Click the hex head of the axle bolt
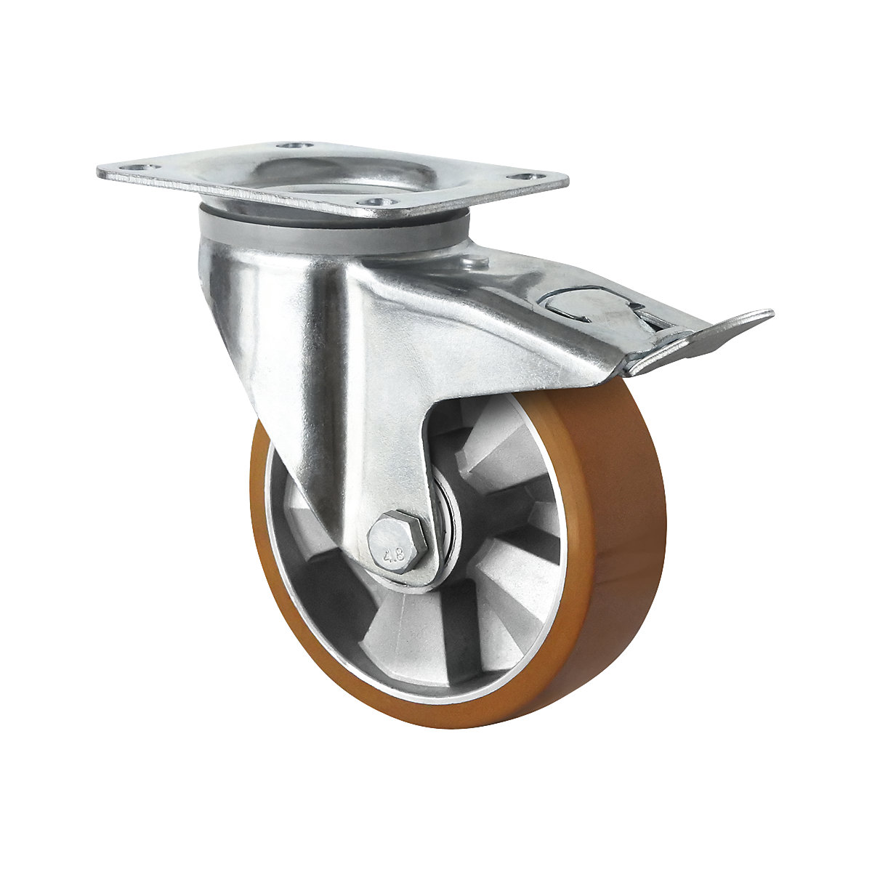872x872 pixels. pos(397,549)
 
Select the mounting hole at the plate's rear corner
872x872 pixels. pos(294,146)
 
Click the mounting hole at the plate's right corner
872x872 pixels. pos(525,177)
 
